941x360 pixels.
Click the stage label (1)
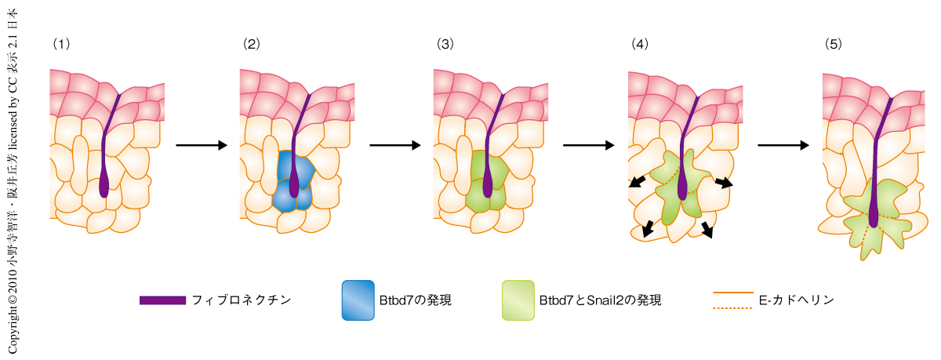pyautogui.click(x=61, y=45)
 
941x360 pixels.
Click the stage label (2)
pyautogui.click(x=252, y=45)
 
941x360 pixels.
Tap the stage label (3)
pyautogui.click(x=445, y=45)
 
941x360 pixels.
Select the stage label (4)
pyautogui.click(x=639, y=45)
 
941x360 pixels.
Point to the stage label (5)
pyautogui.click(x=833, y=45)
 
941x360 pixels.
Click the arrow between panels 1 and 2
pyautogui.click(x=202, y=145)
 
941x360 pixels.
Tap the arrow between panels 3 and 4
pyautogui.click(x=589, y=145)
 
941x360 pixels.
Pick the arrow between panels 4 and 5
pyautogui.click(x=783, y=145)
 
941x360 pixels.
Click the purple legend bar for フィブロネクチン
pyautogui.click(x=162, y=300)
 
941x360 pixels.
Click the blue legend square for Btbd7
pyautogui.click(x=358, y=300)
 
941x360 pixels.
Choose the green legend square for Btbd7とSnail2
pyautogui.click(x=518, y=300)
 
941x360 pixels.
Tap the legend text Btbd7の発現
pyautogui.click(x=419, y=300)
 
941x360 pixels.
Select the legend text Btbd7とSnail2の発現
pyautogui.click(x=601, y=300)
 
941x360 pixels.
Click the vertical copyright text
pyautogui.click(x=13, y=180)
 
